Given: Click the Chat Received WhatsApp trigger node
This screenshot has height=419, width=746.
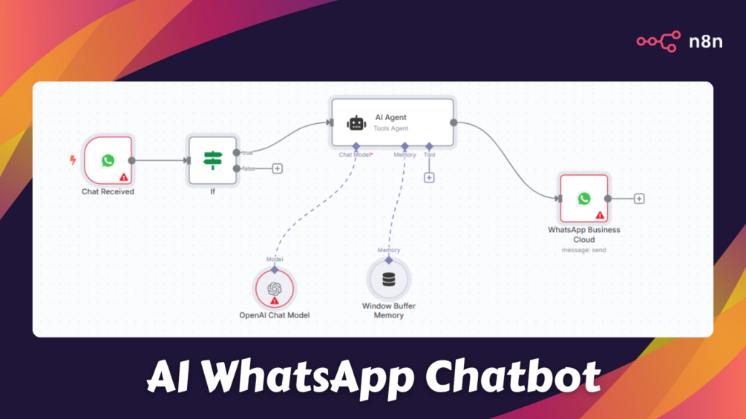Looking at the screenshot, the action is [x=108, y=161].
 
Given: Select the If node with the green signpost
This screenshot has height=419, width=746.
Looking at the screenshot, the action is [x=213, y=161].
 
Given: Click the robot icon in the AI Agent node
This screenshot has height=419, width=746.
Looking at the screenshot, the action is [x=356, y=123].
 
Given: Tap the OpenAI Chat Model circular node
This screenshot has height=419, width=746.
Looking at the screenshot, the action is [x=275, y=288].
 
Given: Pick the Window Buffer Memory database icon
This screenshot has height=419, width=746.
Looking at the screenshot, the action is [x=389, y=280].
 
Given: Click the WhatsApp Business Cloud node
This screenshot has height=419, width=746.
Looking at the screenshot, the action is [x=584, y=199].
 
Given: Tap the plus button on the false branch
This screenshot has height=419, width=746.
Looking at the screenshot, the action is [x=278, y=168].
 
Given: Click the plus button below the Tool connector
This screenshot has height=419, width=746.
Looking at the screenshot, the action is [x=429, y=178].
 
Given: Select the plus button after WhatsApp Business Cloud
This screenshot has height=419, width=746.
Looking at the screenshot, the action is [x=639, y=199].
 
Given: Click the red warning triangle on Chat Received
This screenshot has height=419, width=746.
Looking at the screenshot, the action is [x=124, y=177].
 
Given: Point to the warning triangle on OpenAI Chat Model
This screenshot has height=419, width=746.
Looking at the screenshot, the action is [x=275, y=300].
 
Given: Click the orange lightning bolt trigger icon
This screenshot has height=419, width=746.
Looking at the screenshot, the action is [x=73, y=160].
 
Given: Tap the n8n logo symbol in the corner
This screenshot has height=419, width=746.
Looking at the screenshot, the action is [x=658, y=42].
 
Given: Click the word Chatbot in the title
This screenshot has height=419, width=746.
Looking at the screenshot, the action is [x=512, y=377].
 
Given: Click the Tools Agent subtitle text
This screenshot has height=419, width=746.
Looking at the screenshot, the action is [x=390, y=128].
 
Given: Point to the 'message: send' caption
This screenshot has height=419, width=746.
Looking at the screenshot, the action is [x=583, y=250].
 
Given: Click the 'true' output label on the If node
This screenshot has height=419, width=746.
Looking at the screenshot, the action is [x=247, y=153].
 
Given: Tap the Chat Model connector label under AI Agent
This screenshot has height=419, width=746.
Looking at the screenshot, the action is [x=355, y=155].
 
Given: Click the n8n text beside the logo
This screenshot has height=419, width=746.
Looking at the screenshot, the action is [x=706, y=42].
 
